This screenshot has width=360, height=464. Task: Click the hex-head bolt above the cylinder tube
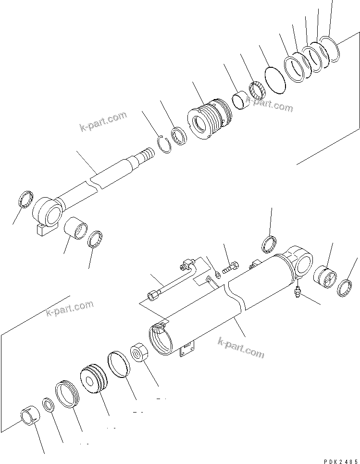(x=231, y=265)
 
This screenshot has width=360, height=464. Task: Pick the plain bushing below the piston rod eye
(x=75, y=227)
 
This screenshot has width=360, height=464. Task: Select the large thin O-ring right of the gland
(x=275, y=78)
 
